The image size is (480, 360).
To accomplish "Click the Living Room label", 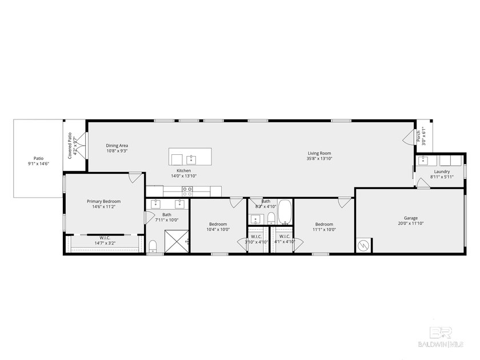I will click(319, 153).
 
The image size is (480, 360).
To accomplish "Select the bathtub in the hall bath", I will click(285, 213).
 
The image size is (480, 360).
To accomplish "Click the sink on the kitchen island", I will click(191, 159).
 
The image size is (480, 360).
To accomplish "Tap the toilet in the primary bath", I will click(153, 246).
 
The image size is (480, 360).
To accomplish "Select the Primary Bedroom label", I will click(103, 201).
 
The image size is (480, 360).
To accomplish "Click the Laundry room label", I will click(442, 171).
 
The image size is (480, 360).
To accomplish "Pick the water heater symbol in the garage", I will click(362, 246).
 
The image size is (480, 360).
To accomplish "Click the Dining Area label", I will click(117, 146).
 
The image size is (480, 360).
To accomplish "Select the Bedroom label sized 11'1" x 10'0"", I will click(323, 224).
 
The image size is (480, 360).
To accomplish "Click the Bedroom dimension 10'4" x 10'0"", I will click(218, 230).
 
